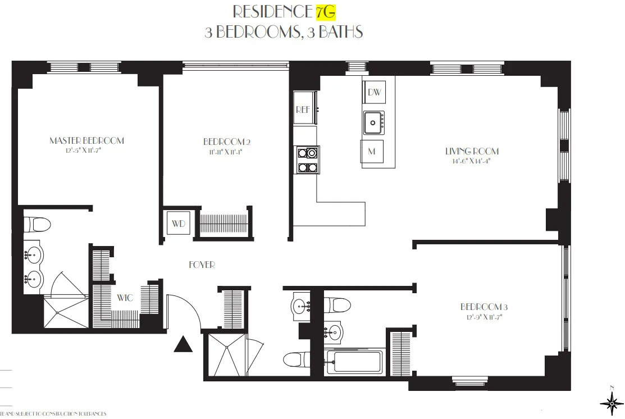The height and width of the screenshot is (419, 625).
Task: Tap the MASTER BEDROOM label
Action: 86,140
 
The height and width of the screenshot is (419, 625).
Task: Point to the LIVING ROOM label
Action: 472,151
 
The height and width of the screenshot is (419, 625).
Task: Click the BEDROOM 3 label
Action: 483,307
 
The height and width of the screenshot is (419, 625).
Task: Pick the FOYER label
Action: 202,265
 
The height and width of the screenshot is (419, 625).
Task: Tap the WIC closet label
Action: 125,298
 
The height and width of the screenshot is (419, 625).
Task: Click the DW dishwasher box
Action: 375,93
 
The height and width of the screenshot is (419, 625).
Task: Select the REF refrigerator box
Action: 303,110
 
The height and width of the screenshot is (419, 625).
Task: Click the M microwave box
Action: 372,152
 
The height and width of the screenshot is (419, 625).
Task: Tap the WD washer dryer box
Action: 178,224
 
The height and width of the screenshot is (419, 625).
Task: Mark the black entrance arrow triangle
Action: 183,344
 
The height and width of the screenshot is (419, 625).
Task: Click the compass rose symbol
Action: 611,403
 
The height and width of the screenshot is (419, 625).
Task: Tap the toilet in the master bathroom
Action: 39,225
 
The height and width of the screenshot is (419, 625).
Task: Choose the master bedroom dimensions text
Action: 86,151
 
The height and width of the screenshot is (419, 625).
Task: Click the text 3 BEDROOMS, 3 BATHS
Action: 284,32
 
